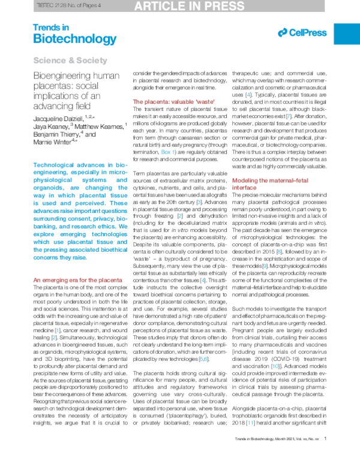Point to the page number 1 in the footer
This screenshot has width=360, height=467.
click(x=325, y=455)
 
